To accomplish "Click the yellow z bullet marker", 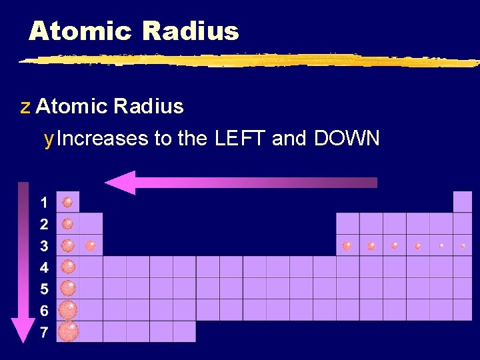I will (25, 107).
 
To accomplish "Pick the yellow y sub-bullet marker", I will (48, 139).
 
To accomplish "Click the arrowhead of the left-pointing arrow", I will (120, 182).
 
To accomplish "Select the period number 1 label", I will (44, 202).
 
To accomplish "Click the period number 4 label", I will (44, 267).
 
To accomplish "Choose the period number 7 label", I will (44, 332).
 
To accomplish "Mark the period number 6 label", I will (44, 311).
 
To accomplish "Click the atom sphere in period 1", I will (67, 202).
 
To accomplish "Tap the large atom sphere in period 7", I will (68, 331).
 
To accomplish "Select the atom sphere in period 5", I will (68, 288).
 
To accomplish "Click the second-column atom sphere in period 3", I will (91, 245).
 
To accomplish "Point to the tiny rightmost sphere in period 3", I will (463, 245).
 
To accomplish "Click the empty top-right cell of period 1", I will (463, 201).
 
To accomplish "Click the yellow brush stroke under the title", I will (247, 61).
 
